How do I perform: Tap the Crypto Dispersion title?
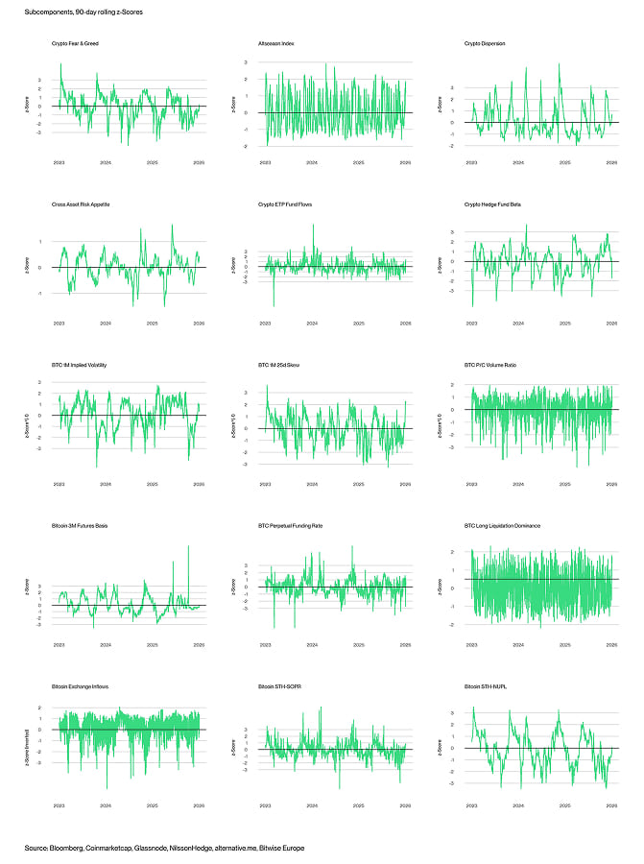click(485, 43)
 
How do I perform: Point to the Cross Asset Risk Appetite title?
click(82, 204)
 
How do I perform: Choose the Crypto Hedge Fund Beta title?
click(493, 204)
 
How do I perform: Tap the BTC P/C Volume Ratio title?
click(491, 366)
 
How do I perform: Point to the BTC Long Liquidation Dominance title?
click(502, 527)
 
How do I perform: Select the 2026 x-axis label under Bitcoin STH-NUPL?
click(611, 808)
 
